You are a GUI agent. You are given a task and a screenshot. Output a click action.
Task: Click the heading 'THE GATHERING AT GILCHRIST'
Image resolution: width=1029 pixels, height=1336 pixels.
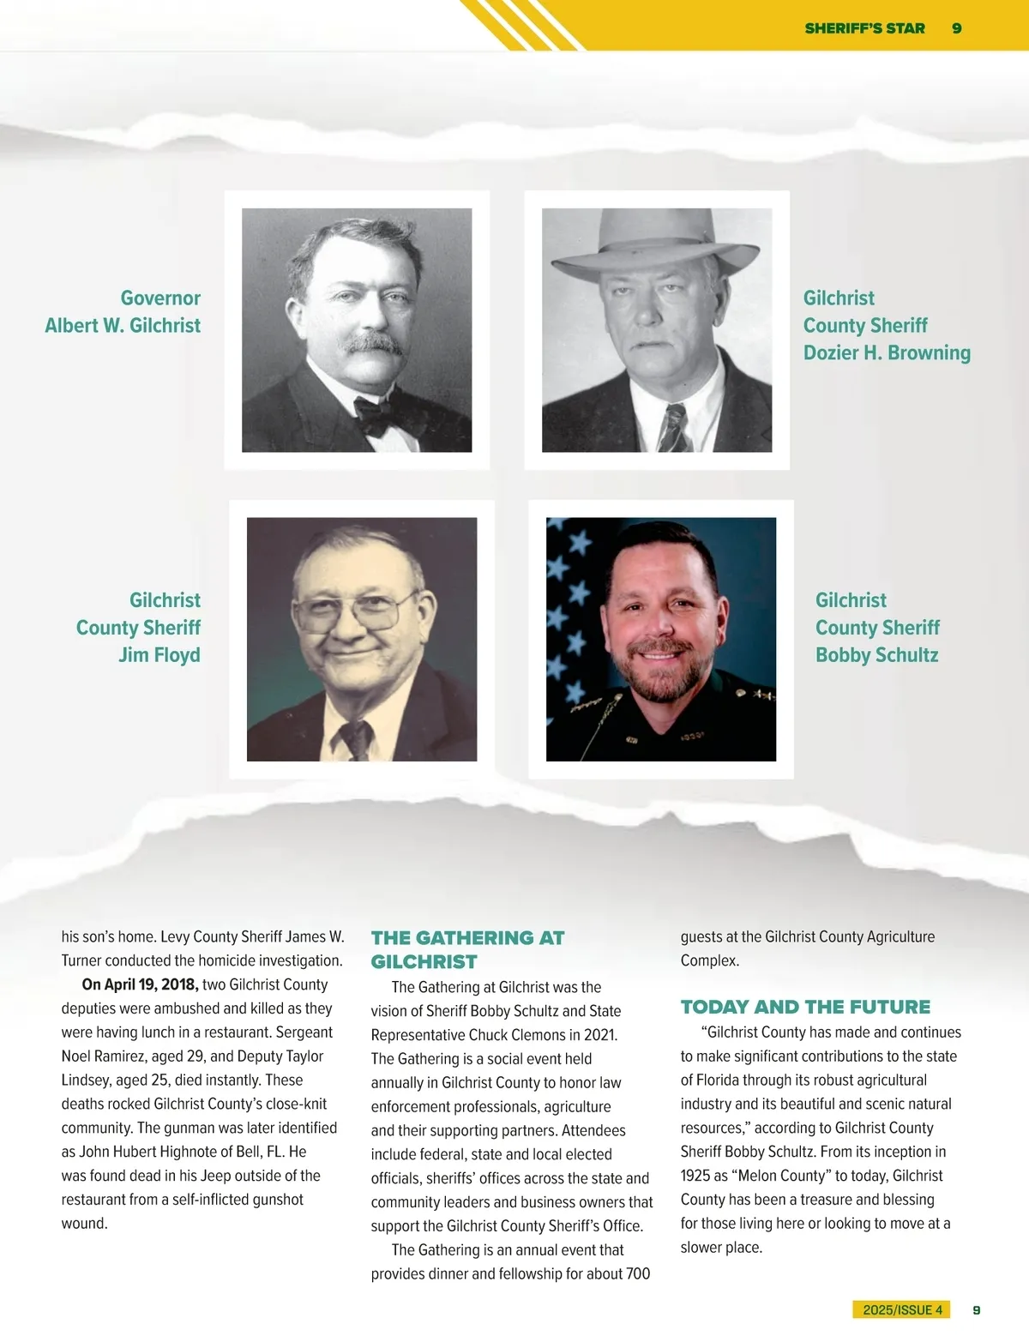(x=467, y=949)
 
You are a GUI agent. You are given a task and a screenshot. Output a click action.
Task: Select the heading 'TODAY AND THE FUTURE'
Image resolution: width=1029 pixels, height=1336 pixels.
(x=805, y=1007)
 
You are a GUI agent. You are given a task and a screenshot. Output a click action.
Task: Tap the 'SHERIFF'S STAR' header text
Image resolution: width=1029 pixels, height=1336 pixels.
(x=864, y=28)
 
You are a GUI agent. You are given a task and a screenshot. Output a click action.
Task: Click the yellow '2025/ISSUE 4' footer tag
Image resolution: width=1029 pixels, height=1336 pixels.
(x=902, y=1309)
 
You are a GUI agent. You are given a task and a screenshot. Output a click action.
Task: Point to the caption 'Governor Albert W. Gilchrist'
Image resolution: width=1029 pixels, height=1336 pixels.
(x=123, y=311)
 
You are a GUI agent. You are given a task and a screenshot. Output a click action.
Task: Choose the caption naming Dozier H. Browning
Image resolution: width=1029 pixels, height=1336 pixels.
(x=887, y=325)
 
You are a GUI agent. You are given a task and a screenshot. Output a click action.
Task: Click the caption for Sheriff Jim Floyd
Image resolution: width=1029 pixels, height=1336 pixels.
(x=139, y=627)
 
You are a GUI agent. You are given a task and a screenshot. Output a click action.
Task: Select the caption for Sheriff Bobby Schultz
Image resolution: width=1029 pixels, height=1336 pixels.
(x=877, y=627)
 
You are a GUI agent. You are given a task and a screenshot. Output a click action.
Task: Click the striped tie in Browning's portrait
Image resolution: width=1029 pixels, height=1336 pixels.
(x=673, y=428)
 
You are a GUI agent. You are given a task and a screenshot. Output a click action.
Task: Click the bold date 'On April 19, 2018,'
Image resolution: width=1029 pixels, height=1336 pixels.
(x=140, y=984)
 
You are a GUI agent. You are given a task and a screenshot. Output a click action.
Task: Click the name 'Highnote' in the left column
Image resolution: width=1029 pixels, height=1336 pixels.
(x=190, y=1152)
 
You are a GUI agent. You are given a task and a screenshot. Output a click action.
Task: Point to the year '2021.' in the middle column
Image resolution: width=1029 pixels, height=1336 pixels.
(x=600, y=1035)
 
